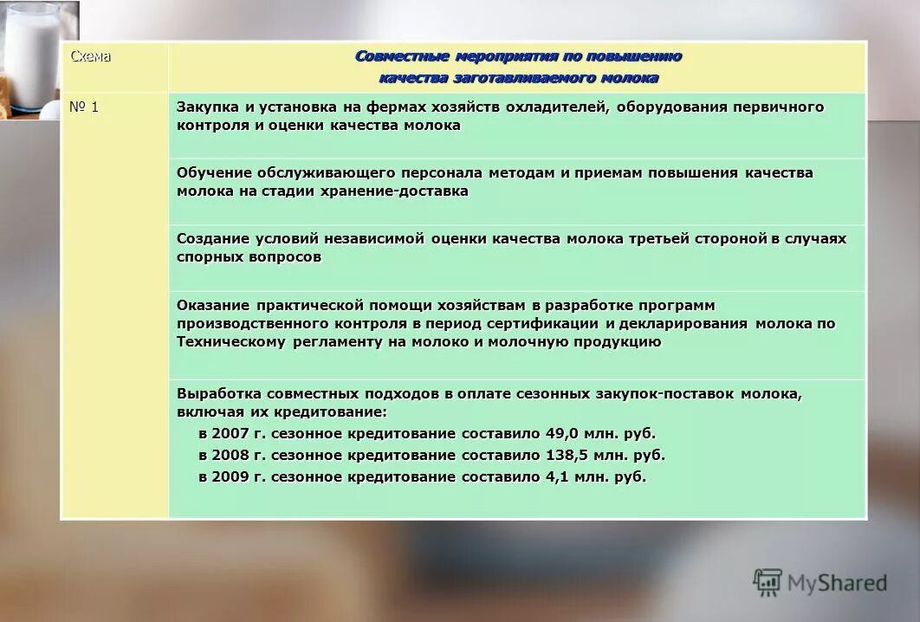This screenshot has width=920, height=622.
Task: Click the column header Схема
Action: pos(90,56)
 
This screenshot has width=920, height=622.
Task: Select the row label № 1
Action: pos(84,107)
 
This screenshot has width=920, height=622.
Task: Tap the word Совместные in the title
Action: pos(400,56)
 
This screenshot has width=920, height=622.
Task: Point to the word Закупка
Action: pos(204,107)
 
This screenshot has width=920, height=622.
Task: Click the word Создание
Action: pos(212,238)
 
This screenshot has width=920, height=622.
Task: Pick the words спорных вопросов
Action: pos(249,257)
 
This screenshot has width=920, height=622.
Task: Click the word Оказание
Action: pos(212,305)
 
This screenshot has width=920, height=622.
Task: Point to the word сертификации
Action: pos(552,323)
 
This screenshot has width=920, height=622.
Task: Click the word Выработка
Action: pos(217,393)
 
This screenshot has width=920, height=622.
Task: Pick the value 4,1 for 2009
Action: pos(556,476)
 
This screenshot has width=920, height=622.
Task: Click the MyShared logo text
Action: pos(837,583)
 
